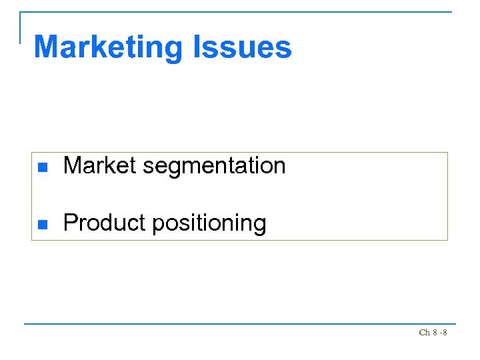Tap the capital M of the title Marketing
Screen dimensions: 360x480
[x=47, y=47]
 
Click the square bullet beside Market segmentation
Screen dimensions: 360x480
[x=43, y=167]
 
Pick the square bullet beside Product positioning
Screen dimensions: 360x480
[x=43, y=224]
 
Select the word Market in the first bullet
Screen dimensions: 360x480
[x=100, y=165]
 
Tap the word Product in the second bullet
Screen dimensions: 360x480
[x=105, y=223]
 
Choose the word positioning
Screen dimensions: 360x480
[x=209, y=224]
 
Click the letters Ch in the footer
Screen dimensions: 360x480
[x=424, y=332]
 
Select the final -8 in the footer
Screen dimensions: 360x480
[x=443, y=332]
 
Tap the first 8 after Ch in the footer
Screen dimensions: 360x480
[x=435, y=332]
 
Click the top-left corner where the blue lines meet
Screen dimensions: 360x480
[x=21, y=12]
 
